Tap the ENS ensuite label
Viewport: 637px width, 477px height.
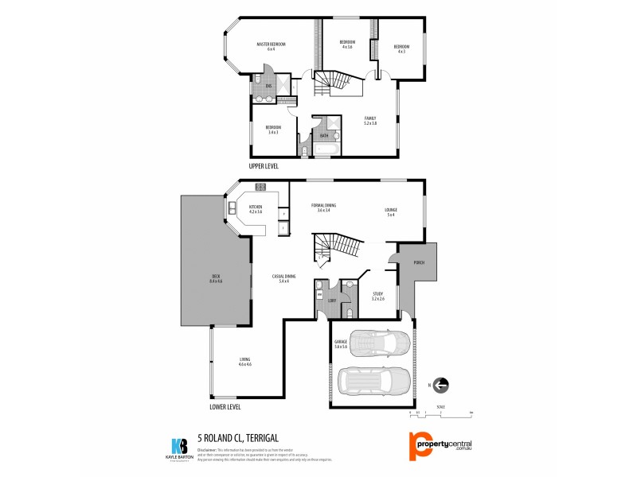click(269, 85)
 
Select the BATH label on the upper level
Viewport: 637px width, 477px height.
click(324, 136)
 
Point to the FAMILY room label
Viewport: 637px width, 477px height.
click(369, 120)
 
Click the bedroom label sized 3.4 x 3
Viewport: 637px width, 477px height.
click(273, 130)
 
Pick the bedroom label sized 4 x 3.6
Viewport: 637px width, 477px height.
click(347, 44)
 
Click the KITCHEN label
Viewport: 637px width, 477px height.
click(256, 209)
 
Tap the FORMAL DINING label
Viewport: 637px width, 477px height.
click(323, 207)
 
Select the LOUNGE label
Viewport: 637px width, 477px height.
click(392, 211)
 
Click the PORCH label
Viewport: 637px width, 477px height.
click(419, 262)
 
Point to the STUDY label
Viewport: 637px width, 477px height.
click(378, 296)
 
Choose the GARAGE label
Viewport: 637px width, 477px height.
click(342, 343)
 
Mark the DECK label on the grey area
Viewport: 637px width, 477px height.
click(215, 278)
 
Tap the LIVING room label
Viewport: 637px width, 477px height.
click(245, 362)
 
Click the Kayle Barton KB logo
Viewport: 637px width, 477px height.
click(179, 448)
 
